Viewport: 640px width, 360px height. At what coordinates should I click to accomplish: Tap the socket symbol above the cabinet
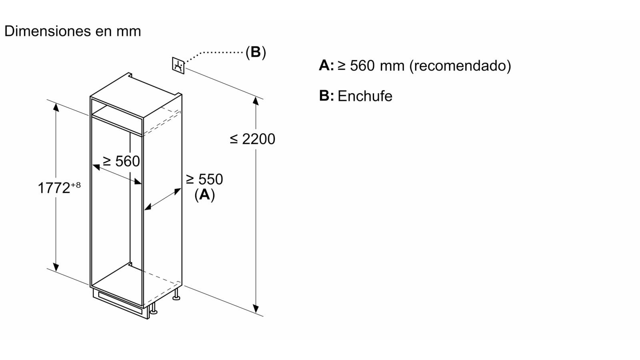coord(178,66)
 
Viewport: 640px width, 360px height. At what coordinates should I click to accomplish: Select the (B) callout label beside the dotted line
coord(256,52)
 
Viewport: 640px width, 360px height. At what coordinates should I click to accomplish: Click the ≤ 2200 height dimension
coord(253,139)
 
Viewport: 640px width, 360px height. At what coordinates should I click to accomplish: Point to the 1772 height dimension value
coord(54,188)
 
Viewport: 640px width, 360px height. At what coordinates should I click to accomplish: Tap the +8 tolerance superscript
coord(76,185)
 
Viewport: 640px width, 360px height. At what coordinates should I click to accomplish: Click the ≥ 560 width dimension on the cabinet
coord(121,161)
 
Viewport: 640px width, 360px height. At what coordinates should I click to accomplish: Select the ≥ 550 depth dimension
coord(204,179)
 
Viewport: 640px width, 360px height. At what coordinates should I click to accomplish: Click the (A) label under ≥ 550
coord(204,195)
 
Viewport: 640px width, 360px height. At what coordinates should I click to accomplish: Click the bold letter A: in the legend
coord(326,65)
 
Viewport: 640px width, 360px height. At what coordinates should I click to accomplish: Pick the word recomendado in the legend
coord(460,65)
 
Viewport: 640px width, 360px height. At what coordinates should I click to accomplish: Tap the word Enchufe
coord(365,96)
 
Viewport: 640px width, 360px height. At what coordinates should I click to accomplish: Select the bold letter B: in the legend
coord(326,96)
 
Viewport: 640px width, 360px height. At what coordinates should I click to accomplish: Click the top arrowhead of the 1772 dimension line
coord(56,106)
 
